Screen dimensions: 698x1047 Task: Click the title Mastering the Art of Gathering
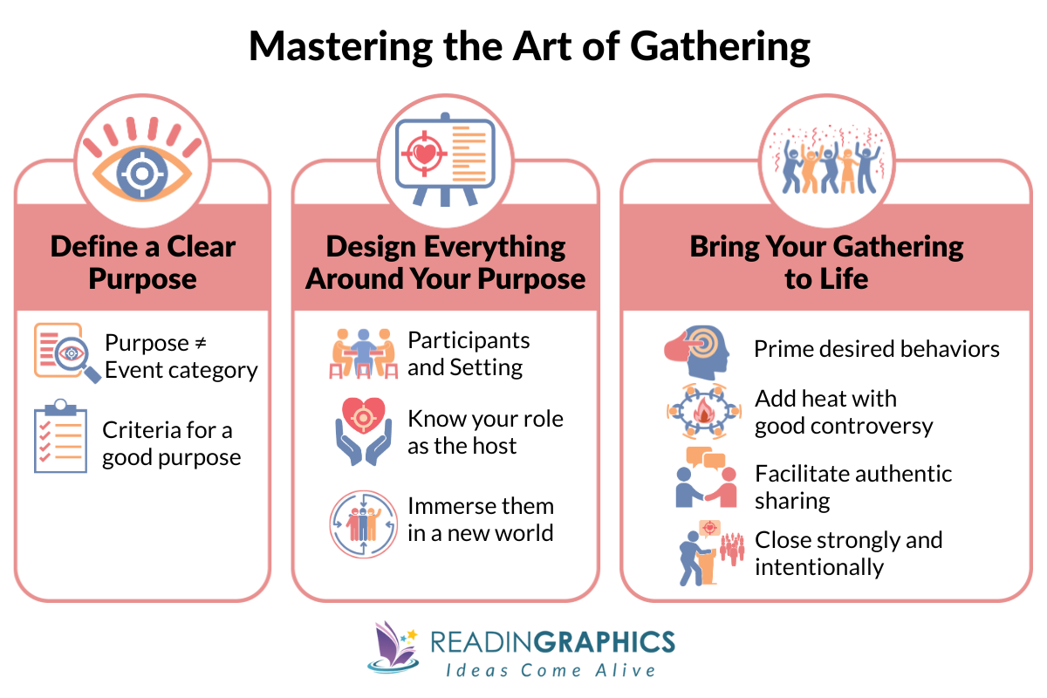coord(529,46)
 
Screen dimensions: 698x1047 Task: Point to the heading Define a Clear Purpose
coord(142,263)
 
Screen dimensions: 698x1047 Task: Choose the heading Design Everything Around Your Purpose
coord(445,263)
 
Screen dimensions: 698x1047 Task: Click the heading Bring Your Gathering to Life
coord(826,263)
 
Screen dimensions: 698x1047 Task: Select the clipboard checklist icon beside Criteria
coord(60,436)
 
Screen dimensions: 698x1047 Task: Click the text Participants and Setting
coord(469,353)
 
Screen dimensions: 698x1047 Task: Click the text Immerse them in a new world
coord(480,519)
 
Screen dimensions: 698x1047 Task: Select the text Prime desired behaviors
coord(877,350)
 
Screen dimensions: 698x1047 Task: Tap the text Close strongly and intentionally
coord(848,553)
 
